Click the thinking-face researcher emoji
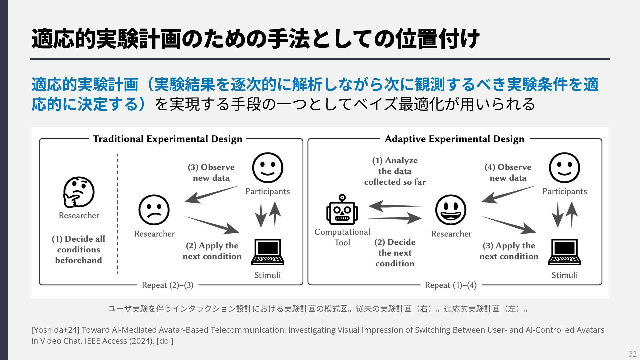[x=79, y=192]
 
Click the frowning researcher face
[x=154, y=210]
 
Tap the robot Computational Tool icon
[x=342, y=210]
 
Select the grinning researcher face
[x=451, y=210]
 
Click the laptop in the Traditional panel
[x=268, y=252]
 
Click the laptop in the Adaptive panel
[x=564, y=252]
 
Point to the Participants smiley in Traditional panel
[x=268, y=168]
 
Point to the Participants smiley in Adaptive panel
[x=564, y=168]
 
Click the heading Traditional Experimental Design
[x=168, y=139]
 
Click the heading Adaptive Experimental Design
[x=454, y=139]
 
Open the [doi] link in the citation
[x=165, y=341]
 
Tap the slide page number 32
[x=632, y=354]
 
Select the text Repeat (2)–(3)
[x=168, y=285]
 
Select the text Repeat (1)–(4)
[x=451, y=285]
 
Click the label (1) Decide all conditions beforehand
[x=78, y=250]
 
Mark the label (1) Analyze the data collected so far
[x=395, y=171]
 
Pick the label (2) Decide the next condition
[x=395, y=253]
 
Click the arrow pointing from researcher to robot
[x=395, y=206]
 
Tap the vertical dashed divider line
[x=118, y=213]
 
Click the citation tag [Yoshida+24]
[x=55, y=330]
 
